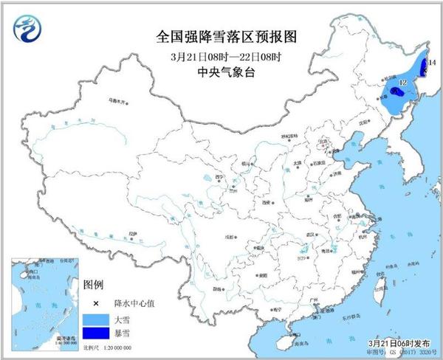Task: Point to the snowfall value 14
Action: tap(432, 64)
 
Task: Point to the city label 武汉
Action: tap(301, 230)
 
